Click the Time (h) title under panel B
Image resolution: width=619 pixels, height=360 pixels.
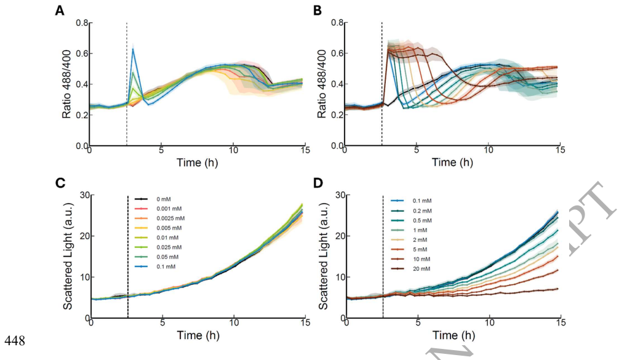coord(452,162)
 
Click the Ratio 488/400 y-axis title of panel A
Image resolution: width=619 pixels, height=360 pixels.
coord(67,84)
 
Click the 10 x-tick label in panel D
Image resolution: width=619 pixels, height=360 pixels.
coord(489,322)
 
